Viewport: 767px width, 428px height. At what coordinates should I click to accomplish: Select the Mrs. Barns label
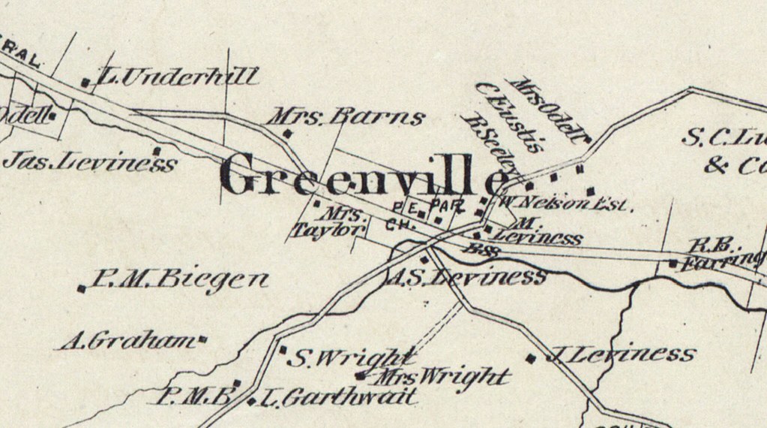[x=346, y=117]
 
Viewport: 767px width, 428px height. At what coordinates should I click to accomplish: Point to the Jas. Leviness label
[x=90, y=161]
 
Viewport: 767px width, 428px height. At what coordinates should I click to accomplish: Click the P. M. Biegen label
[x=180, y=282]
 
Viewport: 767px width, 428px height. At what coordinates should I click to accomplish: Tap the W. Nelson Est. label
[x=566, y=203]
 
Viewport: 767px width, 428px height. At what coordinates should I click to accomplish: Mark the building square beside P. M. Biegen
[x=82, y=288]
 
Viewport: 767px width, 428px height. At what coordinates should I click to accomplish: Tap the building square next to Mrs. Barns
[x=286, y=134]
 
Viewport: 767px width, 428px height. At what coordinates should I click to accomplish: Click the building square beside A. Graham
[x=202, y=341]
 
